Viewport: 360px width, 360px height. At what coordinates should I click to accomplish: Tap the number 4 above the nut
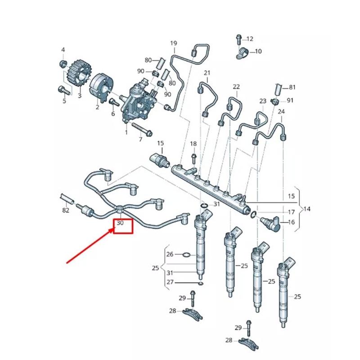[63, 49]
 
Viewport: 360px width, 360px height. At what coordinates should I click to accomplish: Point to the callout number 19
[174, 43]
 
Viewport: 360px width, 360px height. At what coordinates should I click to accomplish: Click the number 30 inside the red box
[120, 223]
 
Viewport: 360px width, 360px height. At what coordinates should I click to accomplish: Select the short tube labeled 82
[66, 198]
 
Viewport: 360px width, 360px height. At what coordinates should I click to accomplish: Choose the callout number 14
[307, 209]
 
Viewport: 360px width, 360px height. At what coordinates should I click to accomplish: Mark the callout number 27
[170, 282]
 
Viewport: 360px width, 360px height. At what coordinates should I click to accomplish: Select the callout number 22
[236, 87]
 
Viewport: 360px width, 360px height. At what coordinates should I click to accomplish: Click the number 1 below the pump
[126, 132]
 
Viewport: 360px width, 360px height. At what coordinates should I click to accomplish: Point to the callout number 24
[281, 111]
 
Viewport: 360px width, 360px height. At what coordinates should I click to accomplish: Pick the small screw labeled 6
[112, 103]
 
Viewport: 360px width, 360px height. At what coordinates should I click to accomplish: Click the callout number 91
[290, 100]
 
